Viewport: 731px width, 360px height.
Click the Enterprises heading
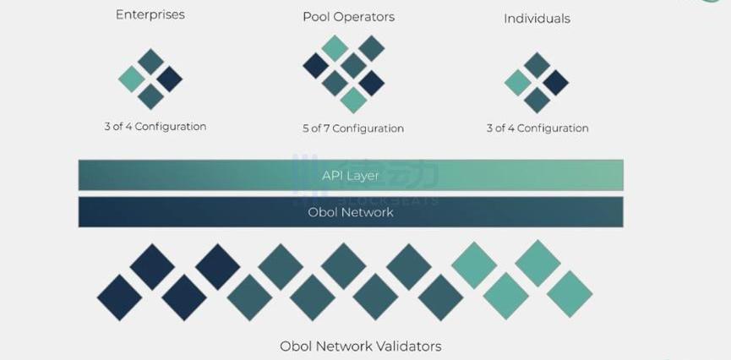tap(150, 14)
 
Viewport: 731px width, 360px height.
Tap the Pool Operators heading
tap(348, 16)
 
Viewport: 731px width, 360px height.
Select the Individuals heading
tap(537, 18)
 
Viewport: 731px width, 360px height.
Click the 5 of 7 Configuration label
tap(352, 128)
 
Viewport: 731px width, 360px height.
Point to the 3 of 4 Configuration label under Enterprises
tap(155, 127)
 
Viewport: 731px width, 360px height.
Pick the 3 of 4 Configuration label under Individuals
tap(537, 128)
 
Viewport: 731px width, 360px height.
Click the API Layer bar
tap(351, 175)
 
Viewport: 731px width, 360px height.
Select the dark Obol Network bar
tap(351, 212)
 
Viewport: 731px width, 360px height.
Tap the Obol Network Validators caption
tap(360, 346)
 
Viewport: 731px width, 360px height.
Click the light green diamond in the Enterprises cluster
tap(132, 79)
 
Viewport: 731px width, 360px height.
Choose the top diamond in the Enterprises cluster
tap(150, 61)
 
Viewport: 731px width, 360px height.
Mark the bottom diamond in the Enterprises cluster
tap(150, 97)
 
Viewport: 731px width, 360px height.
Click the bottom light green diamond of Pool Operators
tap(353, 100)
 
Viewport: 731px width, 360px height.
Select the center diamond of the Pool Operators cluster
tap(353, 65)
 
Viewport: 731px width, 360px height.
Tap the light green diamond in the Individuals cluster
tap(517, 82)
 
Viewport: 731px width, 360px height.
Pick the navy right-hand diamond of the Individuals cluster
tap(555, 82)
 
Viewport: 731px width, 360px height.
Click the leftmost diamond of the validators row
tap(119, 297)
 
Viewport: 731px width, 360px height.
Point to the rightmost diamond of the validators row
tap(570, 294)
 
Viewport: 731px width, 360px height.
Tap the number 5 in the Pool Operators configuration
tap(306, 128)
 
